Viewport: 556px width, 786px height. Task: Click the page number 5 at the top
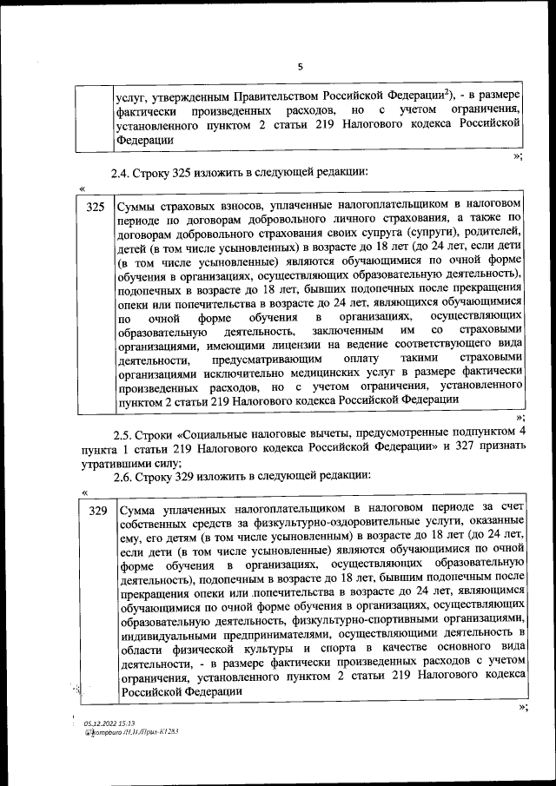[x=300, y=66]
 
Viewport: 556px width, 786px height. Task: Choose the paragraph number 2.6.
[x=122, y=475]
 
